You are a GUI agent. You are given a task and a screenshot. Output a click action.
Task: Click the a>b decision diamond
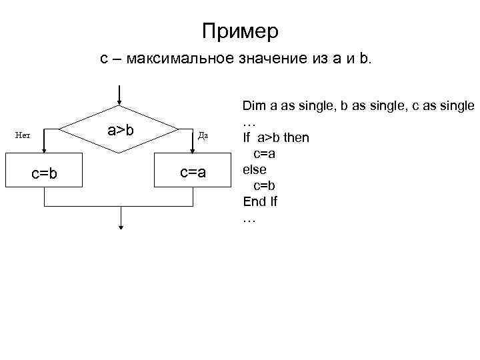pos(120,129)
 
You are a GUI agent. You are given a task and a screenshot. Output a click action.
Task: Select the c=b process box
pos(45,173)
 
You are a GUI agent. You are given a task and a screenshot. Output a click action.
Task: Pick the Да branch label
pos(203,135)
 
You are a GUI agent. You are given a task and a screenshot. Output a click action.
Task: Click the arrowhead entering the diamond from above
pos(120,102)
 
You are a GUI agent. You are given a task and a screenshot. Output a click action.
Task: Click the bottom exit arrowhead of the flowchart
pos(121,226)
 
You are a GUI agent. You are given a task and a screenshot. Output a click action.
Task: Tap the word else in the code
pos(254,169)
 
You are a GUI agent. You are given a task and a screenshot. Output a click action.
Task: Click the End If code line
pos(260,202)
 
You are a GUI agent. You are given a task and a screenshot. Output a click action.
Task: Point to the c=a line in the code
pos(265,154)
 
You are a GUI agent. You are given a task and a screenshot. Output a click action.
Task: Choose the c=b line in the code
pos(265,185)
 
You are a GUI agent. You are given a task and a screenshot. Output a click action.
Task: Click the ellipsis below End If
pos(249,219)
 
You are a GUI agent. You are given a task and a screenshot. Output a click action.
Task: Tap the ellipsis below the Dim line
pos(249,123)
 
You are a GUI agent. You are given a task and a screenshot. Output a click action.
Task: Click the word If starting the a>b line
pos(246,139)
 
